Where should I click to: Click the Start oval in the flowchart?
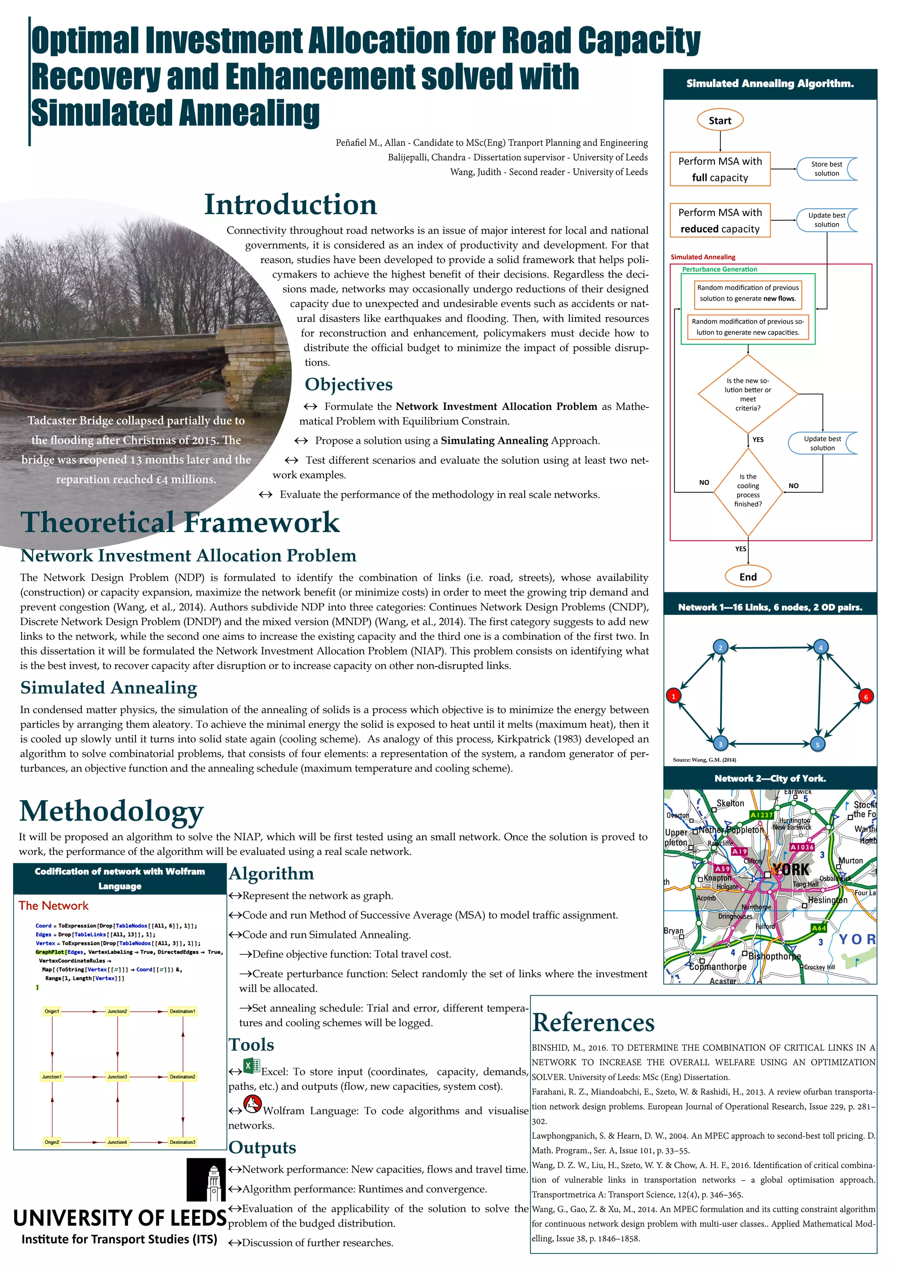pyautogui.click(x=720, y=120)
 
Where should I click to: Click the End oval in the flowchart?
pyautogui.click(x=748, y=576)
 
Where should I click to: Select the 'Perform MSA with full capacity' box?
pyautogui.click(x=720, y=169)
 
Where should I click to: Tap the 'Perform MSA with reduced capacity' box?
pyautogui.click(x=720, y=220)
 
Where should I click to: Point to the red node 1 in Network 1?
pyautogui.click(x=673, y=696)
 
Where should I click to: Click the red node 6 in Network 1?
pyautogui.click(x=865, y=696)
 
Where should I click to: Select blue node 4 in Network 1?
pyautogui.click(x=820, y=647)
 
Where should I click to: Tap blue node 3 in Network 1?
pyautogui.click(x=720, y=744)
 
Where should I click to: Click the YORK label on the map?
pyautogui.click(x=791, y=870)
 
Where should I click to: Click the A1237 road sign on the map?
pyautogui.click(x=761, y=815)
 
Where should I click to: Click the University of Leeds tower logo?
pyautogui.click(x=206, y=1180)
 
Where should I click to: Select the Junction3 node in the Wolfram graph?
pyautogui.click(x=117, y=1076)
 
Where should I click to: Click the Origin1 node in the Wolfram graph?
pyautogui.click(x=52, y=1011)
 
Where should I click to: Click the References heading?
pyautogui.click(x=593, y=1022)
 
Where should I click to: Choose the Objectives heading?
pyautogui.click(x=349, y=385)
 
